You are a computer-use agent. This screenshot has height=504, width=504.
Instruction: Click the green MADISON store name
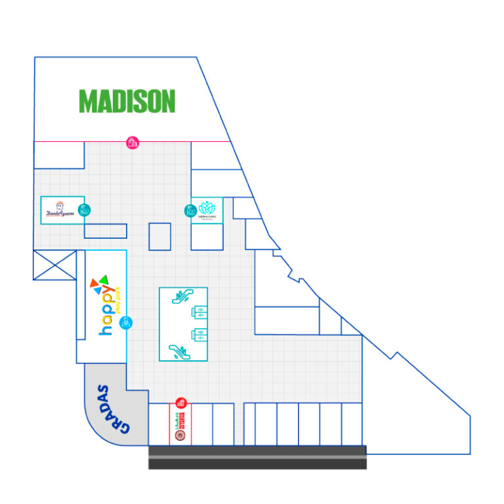click(127, 101)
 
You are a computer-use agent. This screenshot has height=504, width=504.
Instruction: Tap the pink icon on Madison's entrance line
click(133, 142)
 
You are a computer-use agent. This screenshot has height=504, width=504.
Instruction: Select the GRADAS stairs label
click(113, 408)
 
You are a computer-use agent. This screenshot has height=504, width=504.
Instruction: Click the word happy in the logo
click(106, 311)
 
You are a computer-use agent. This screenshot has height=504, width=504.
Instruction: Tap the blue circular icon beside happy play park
click(126, 322)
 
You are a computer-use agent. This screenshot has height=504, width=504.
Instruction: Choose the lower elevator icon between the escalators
click(197, 334)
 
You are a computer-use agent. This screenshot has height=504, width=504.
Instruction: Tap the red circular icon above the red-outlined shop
click(182, 403)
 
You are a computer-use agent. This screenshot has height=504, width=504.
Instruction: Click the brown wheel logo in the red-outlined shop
click(181, 435)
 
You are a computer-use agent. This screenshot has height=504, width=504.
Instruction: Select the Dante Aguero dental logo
click(61, 210)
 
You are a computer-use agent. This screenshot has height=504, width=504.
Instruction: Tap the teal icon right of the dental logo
click(84, 210)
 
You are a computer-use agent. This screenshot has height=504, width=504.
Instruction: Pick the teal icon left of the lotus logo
click(190, 211)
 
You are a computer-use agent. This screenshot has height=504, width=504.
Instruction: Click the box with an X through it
click(54, 264)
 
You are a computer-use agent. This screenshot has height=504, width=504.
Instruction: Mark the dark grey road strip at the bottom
click(257, 457)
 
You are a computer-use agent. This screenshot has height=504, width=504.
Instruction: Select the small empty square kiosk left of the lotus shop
click(159, 236)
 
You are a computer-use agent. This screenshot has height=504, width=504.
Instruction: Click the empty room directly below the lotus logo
click(207, 236)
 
